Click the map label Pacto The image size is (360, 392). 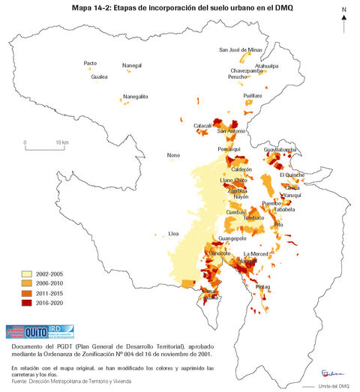point(90,63)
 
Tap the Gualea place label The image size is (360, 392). point(99,76)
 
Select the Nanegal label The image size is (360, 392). point(132,66)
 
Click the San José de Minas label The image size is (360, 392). point(240,49)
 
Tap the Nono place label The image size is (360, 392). point(173,155)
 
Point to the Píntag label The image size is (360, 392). point(263,287)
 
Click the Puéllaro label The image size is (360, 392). point(253,96)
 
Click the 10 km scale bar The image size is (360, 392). point(46,141)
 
